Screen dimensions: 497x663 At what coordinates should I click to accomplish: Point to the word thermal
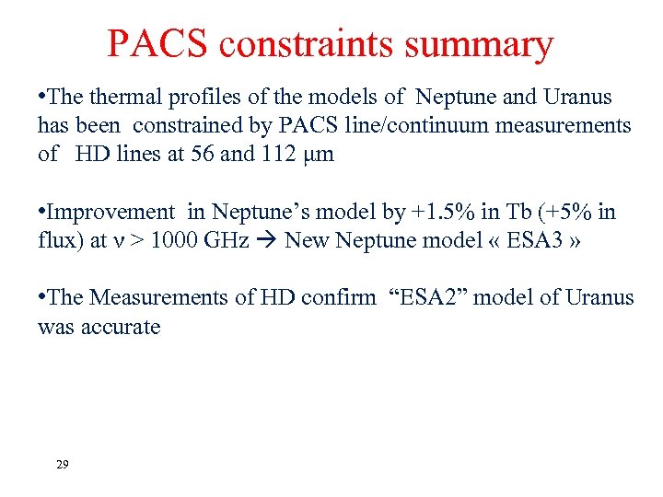tap(125, 98)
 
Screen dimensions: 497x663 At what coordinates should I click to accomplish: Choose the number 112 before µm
tap(283, 154)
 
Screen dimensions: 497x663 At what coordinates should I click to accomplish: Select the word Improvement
tap(110, 213)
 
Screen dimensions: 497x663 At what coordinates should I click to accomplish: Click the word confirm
tap(344, 298)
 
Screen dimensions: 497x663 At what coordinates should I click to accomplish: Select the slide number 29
tap(62, 465)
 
